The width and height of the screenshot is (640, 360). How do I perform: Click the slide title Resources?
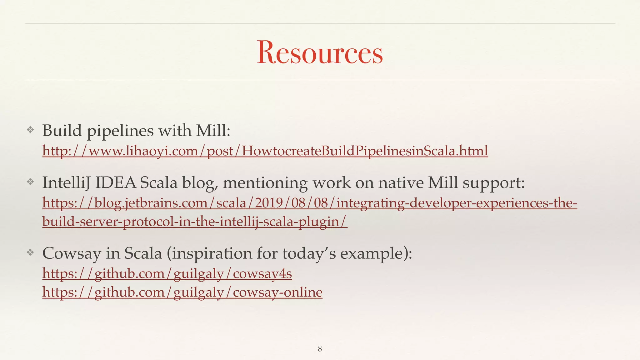tap(320, 52)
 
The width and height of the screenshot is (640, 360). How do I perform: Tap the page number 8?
tap(320, 349)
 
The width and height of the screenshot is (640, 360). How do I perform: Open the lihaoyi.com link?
tap(265, 151)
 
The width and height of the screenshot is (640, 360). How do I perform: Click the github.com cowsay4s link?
tap(167, 274)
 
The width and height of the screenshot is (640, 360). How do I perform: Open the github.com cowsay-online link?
tap(182, 292)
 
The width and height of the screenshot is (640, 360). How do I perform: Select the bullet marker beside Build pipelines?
tap(30, 130)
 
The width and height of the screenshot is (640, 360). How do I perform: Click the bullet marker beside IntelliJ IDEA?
tap(30, 182)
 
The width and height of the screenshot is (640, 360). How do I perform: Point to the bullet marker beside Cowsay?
tap(30, 252)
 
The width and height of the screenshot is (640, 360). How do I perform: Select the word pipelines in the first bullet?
tap(120, 131)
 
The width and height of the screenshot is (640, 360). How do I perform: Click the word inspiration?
tap(212, 253)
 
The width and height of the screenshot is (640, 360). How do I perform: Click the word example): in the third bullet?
tap(376, 253)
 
